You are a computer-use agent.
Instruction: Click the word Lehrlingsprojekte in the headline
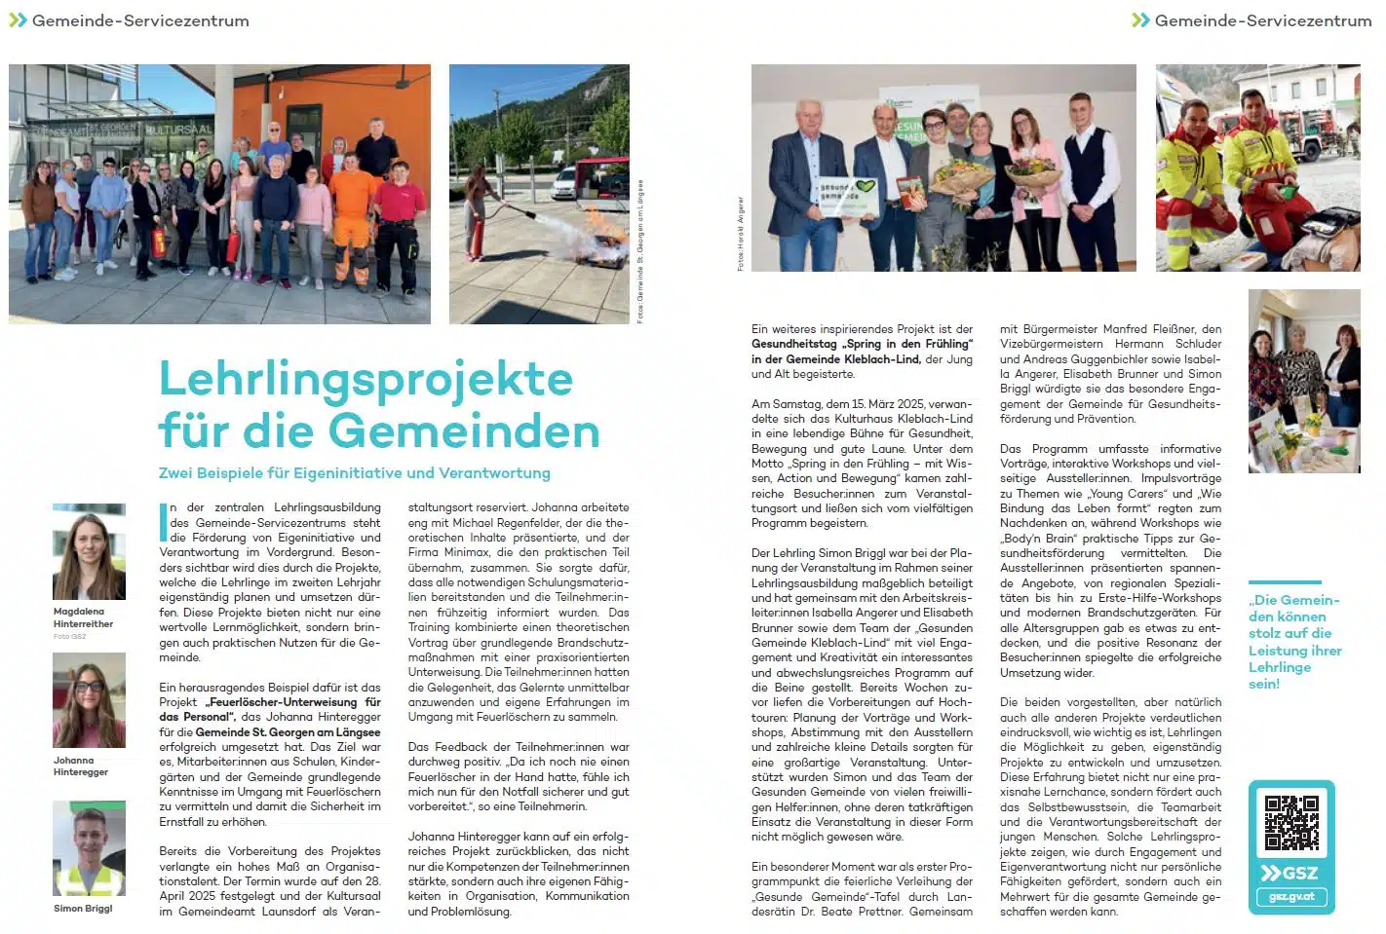[366, 380]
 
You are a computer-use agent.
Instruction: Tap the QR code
[1291, 823]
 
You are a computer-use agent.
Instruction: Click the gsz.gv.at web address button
[1291, 896]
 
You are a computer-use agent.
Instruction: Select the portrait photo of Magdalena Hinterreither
[89, 552]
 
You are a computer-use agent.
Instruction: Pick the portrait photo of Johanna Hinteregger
[89, 700]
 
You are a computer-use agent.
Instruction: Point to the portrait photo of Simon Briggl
[89, 849]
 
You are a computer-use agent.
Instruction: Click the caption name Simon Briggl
[83, 909]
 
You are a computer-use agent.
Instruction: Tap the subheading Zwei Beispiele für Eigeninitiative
[354, 473]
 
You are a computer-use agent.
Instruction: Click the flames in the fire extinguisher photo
[605, 234]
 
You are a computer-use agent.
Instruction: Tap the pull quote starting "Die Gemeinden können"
[1294, 642]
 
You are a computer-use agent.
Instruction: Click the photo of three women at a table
[1303, 381]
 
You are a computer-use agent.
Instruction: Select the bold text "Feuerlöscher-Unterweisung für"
[289, 702]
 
